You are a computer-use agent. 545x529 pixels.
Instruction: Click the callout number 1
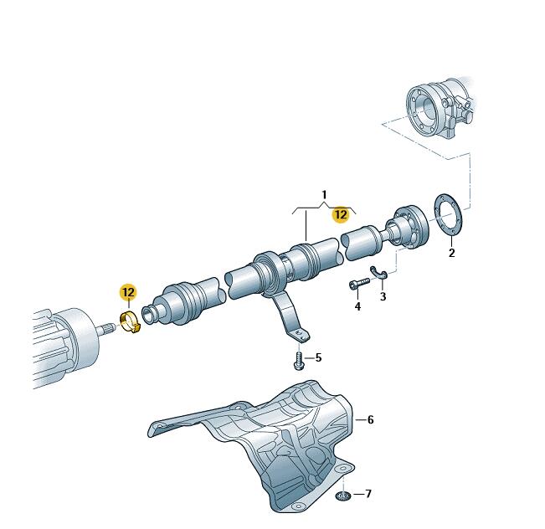pyautogui.click(x=324, y=195)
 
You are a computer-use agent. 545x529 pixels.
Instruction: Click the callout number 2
pyautogui.click(x=451, y=252)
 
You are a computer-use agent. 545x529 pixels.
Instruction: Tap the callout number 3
pyautogui.click(x=383, y=296)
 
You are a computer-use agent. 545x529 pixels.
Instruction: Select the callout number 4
pyautogui.click(x=357, y=306)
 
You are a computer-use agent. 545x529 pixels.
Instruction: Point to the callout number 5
pyautogui.click(x=318, y=357)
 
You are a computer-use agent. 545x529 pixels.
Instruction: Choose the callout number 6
pyautogui.click(x=370, y=419)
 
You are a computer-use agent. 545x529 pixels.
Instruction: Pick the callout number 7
pyautogui.click(x=368, y=494)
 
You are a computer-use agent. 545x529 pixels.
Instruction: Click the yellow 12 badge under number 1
pyautogui.click(x=341, y=214)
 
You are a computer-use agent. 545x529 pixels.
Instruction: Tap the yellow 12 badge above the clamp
pyautogui.click(x=128, y=292)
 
